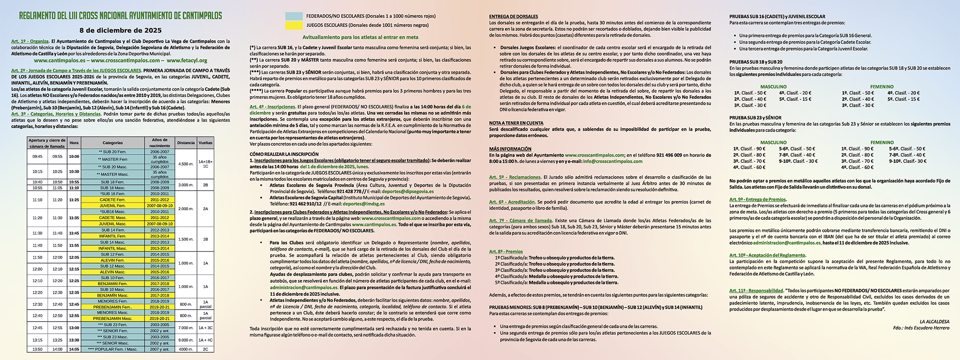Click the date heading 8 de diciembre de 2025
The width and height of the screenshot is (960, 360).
(x=120, y=30)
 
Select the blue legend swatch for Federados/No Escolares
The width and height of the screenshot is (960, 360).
(x=294, y=16)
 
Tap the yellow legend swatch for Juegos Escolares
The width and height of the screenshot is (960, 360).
(x=294, y=25)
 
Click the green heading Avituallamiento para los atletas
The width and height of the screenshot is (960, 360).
(x=360, y=37)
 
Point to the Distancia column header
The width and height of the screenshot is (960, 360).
(x=186, y=143)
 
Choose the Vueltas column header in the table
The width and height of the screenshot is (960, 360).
(x=205, y=143)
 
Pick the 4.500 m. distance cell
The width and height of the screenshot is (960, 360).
(x=186, y=164)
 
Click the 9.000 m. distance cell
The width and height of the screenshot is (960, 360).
(x=186, y=340)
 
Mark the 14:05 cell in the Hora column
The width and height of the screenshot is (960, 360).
(x=74, y=349)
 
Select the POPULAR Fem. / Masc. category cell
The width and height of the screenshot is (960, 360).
(x=113, y=349)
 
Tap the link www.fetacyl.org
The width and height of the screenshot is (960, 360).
(x=187, y=60)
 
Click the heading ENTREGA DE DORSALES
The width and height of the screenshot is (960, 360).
(x=513, y=16)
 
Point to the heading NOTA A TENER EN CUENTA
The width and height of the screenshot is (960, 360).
(x=516, y=123)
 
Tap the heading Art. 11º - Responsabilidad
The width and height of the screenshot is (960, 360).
(x=756, y=290)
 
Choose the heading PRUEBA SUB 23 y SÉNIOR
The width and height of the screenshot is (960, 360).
(x=755, y=118)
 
